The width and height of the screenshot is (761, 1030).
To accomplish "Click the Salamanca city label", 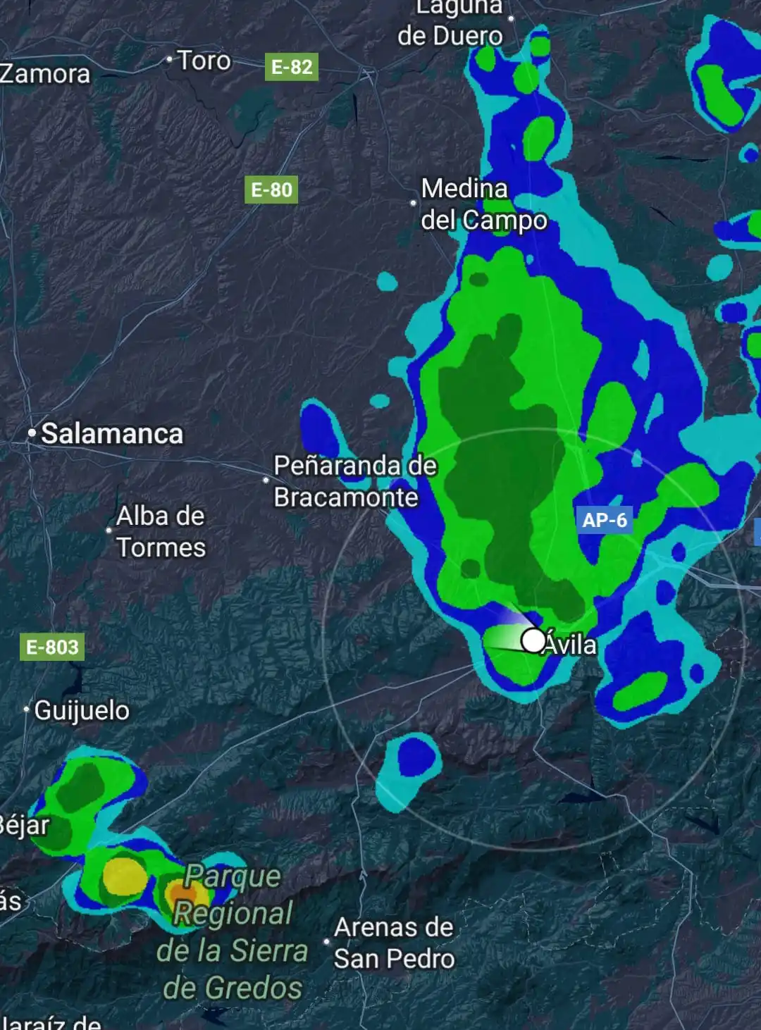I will point(112,434).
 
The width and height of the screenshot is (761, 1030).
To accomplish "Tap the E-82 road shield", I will point(292,67).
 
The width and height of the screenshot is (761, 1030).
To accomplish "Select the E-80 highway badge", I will point(271,190).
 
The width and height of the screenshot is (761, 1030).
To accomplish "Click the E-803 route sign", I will point(52,647).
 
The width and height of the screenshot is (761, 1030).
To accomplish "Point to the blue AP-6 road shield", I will point(605,520).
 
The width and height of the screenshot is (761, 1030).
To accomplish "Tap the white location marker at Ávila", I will point(533,640).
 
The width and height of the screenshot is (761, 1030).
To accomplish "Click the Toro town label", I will point(204,61).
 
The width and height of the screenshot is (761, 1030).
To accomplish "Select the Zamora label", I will point(44,74).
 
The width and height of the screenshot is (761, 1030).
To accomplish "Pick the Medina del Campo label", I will point(483,204).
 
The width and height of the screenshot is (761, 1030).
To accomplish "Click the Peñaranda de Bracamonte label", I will point(354,481).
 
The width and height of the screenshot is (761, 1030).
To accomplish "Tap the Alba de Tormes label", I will point(161,531).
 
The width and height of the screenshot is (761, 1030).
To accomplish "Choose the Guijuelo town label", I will point(82,710).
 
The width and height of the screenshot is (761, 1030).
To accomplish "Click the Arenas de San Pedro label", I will point(394,943).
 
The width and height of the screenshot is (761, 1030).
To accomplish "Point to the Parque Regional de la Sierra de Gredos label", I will point(232,932).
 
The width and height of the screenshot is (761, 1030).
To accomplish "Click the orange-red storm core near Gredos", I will point(181,893).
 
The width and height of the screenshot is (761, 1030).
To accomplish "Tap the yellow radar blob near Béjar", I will point(125,876).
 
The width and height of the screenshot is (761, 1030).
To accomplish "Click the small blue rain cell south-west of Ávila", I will point(416,757).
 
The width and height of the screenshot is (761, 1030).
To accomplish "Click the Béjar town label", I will point(24,824).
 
